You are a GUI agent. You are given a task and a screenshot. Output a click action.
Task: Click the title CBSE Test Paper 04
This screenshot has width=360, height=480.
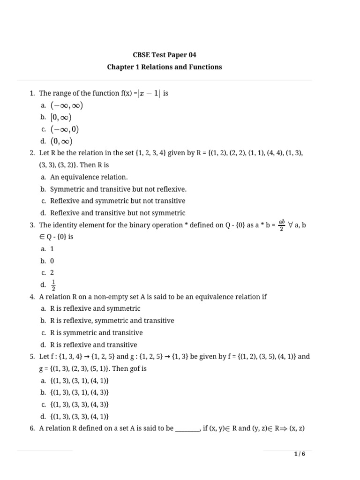pyautogui.click(x=164, y=55)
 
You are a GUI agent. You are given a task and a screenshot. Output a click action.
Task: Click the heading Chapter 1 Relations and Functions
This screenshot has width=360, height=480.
pyautogui.click(x=164, y=67)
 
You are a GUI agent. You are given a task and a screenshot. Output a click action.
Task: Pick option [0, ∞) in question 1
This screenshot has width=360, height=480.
pyautogui.click(x=61, y=117)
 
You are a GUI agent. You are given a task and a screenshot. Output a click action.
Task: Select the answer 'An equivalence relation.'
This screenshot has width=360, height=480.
pyautogui.click(x=89, y=177)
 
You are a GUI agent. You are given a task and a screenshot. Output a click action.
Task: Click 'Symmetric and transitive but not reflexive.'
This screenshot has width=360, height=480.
pyautogui.click(x=118, y=189)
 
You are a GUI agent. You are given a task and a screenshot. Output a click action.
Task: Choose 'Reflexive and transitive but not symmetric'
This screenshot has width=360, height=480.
pyautogui.click(x=117, y=213)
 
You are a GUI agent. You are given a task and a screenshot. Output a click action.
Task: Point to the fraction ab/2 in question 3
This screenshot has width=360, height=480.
pyautogui.click(x=281, y=225)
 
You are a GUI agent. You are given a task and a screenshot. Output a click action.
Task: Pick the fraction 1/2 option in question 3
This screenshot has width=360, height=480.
pyautogui.click(x=53, y=285)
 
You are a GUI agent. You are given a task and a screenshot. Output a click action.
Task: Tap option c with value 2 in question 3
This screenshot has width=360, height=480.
pyautogui.click(x=52, y=272)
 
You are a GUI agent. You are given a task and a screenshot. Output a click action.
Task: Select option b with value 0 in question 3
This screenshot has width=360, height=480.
pyautogui.click(x=52, y=261)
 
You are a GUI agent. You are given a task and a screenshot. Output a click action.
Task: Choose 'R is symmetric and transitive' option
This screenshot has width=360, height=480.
pyautogui.click(x=96, y=332)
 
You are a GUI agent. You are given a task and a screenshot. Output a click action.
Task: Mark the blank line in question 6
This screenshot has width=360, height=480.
pyautogui.click(x=187, y=428)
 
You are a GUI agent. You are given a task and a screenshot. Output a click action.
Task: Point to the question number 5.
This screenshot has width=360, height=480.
pyautogui.click(x=32, y=356)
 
